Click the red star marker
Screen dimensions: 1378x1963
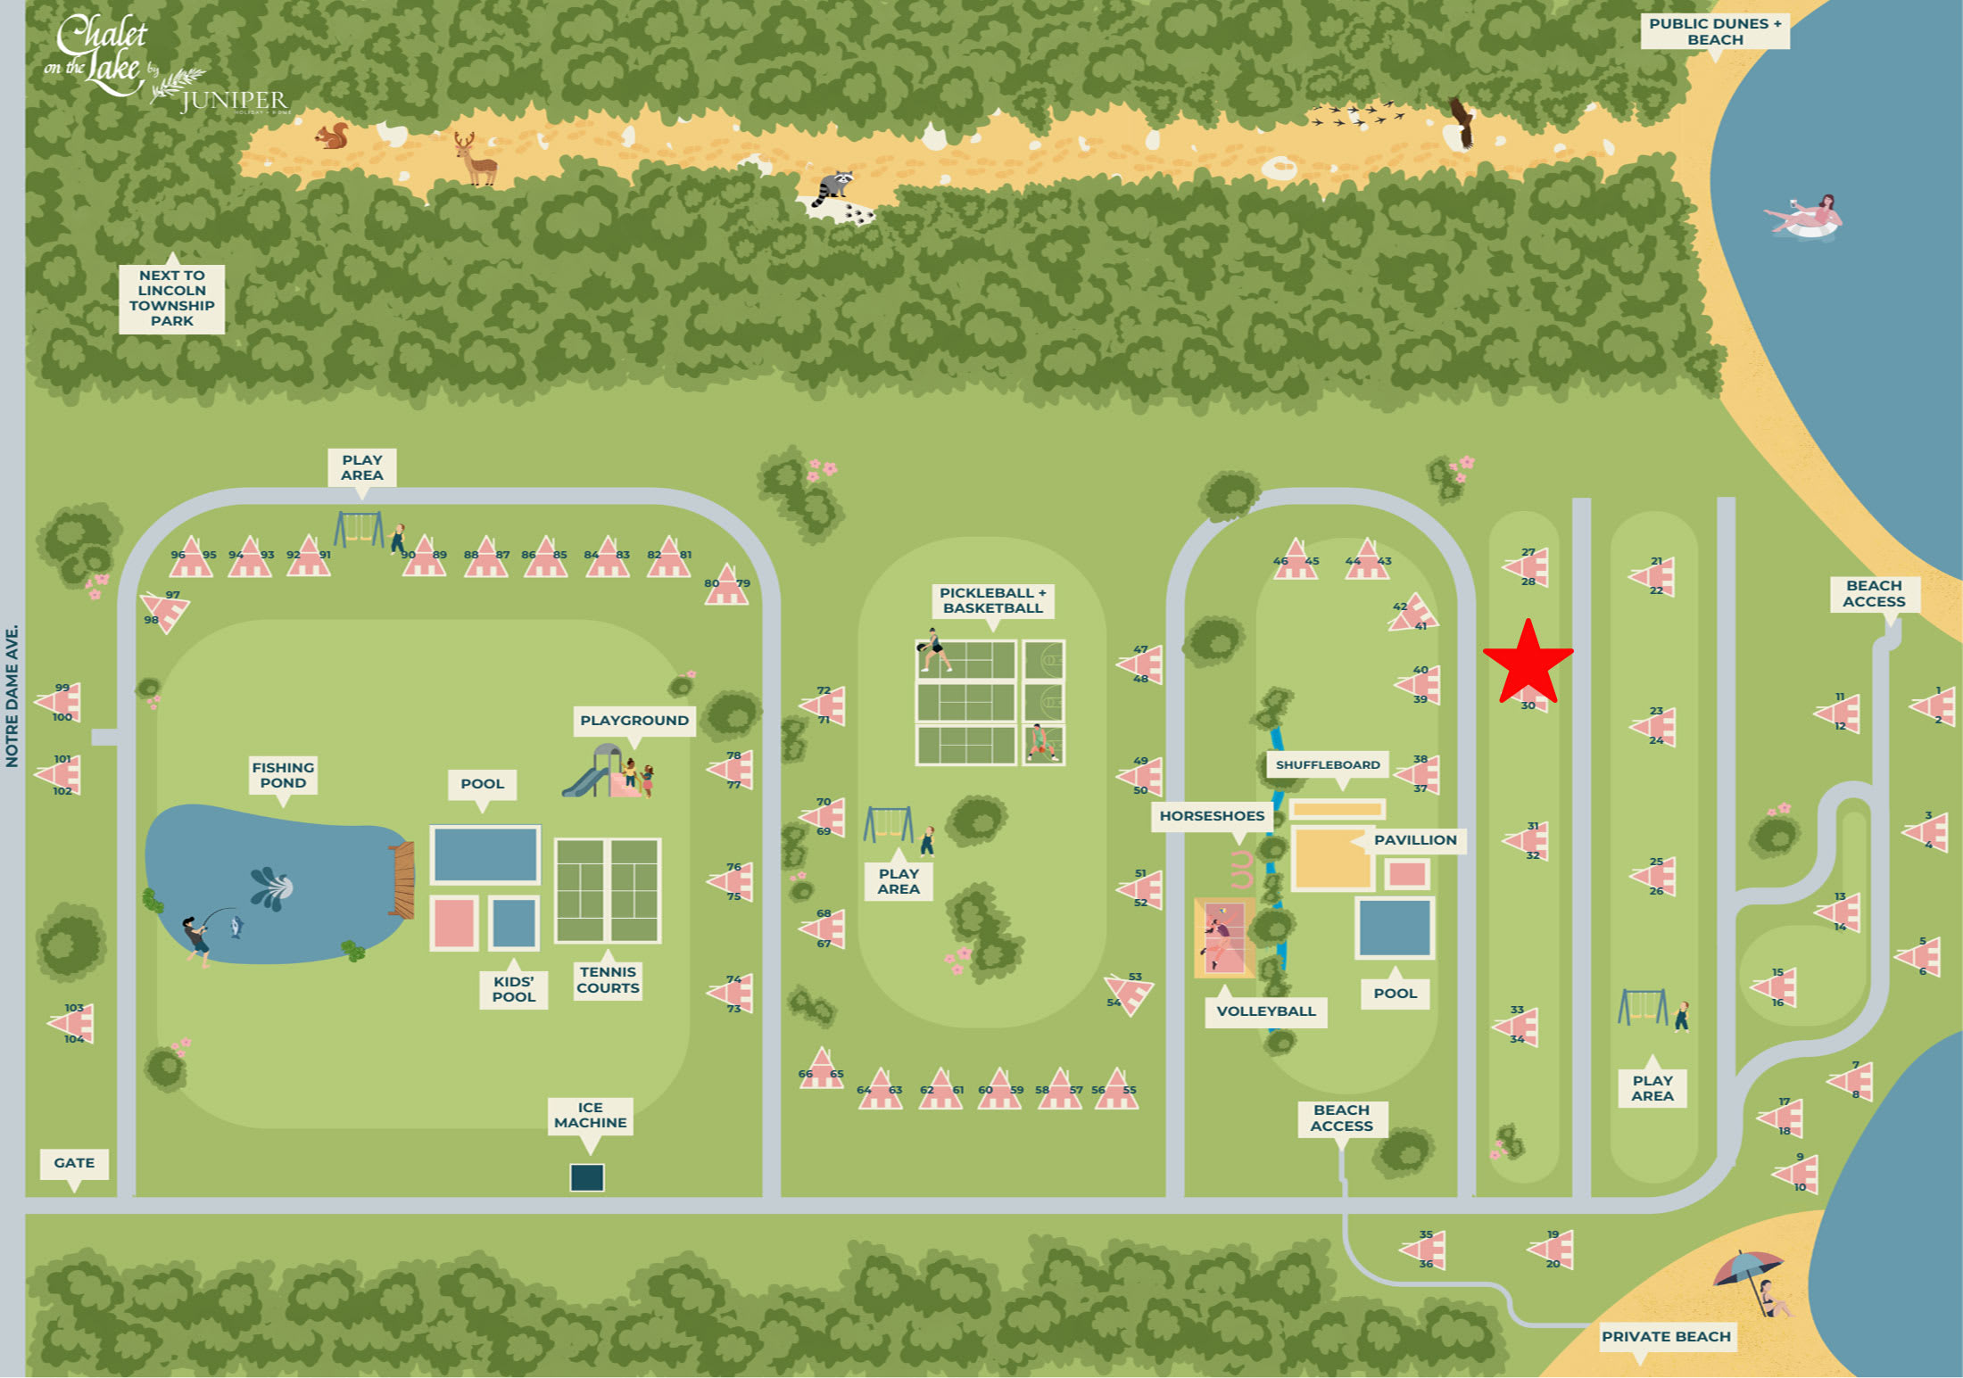click(1528, 662)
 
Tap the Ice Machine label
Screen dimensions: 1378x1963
click(590, 1115)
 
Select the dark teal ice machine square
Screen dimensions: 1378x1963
click(587, 1177)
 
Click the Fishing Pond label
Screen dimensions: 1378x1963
click(283, 775)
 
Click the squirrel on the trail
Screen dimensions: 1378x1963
click(333, 136)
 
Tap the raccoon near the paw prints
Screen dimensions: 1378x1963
click(834, 187)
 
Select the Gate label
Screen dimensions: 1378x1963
click(74, 1163)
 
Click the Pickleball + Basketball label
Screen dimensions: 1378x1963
click(992, 600)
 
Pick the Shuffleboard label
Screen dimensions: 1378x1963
click(1327, 764)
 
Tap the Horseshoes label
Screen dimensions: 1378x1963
click(1211, 815)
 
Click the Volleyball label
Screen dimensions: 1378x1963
click(1265, 1011)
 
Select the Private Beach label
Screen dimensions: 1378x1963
click(1665, 1336)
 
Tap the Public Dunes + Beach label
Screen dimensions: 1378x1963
click(1714, 31)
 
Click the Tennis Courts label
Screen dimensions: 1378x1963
click(608, 979)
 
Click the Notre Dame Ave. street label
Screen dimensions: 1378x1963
click(12, 696)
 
